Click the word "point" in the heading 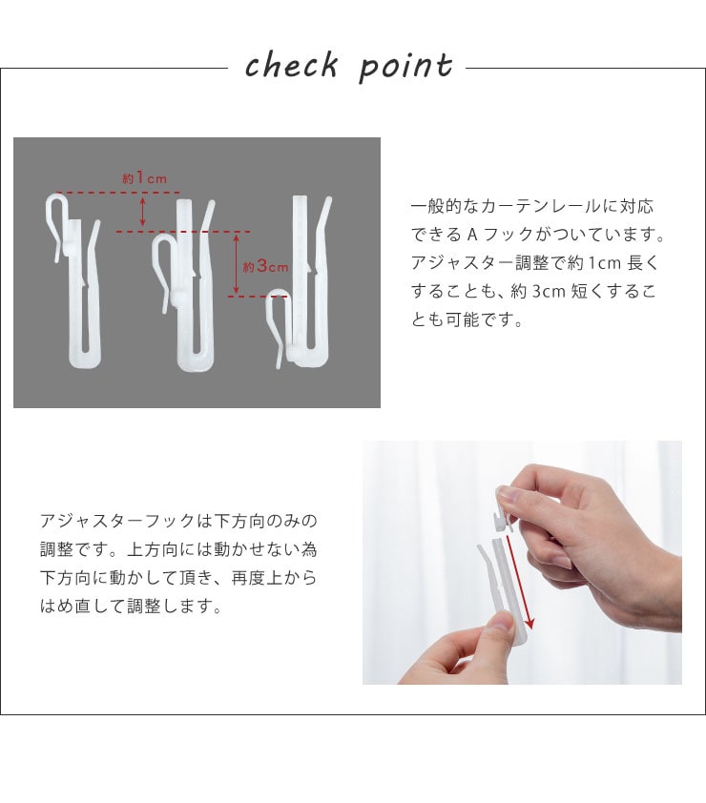click(405, 67)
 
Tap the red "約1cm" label click(144, 178)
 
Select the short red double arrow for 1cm click(142, 212)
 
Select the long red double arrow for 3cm click(236, 264)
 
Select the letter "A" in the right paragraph click(472, 235)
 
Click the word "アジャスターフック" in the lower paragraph click(118, 522)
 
